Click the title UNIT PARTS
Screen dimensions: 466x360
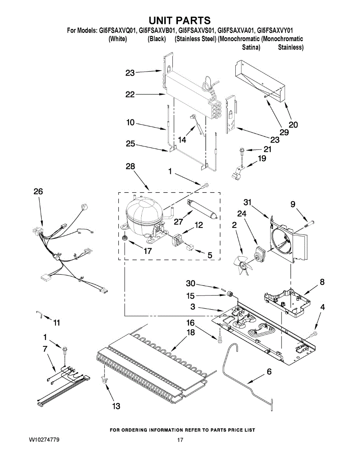pos(180,20)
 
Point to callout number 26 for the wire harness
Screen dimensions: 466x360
pos(38,191)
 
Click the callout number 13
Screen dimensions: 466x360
pos(116,406)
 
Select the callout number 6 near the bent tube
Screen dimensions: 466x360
pos(269,372)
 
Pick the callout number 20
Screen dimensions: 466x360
pos(293,125)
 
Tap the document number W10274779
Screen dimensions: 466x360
pos(44,440)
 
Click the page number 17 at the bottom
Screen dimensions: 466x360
pos(180,440)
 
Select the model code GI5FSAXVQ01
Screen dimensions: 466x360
pos(118,30)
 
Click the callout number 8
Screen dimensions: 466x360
pos(322,282)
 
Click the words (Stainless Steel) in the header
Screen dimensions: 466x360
pos(195,39)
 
